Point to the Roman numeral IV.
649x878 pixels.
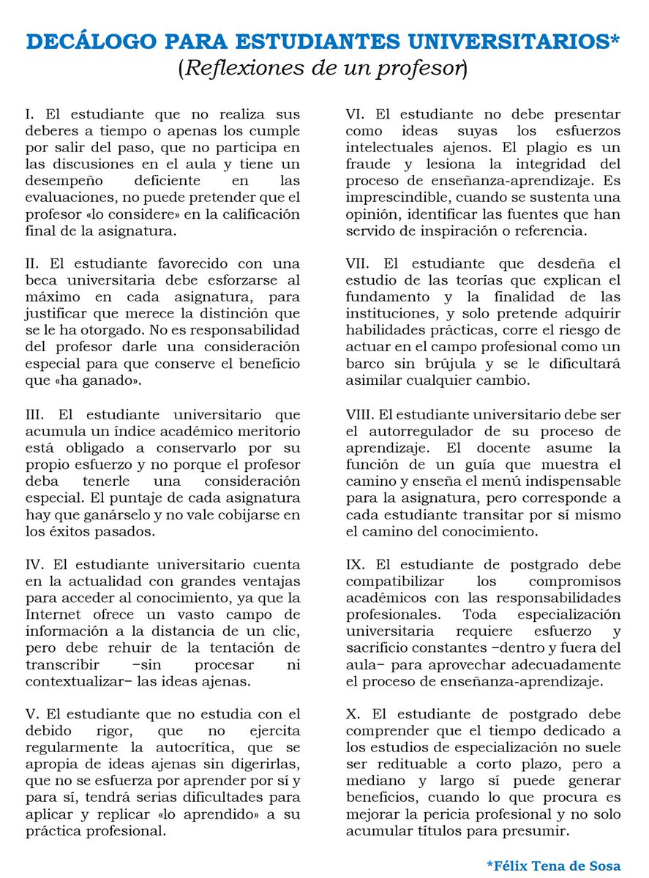pyautogui.click(x=33, y=566)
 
